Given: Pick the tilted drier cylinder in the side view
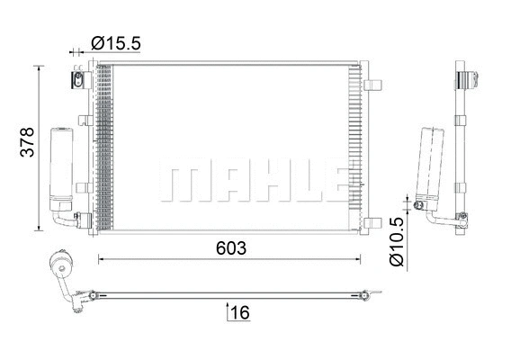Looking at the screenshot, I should (427, 166).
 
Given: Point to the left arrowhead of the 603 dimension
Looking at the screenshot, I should (101, 260).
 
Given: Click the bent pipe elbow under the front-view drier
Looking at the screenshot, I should (62, 216).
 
